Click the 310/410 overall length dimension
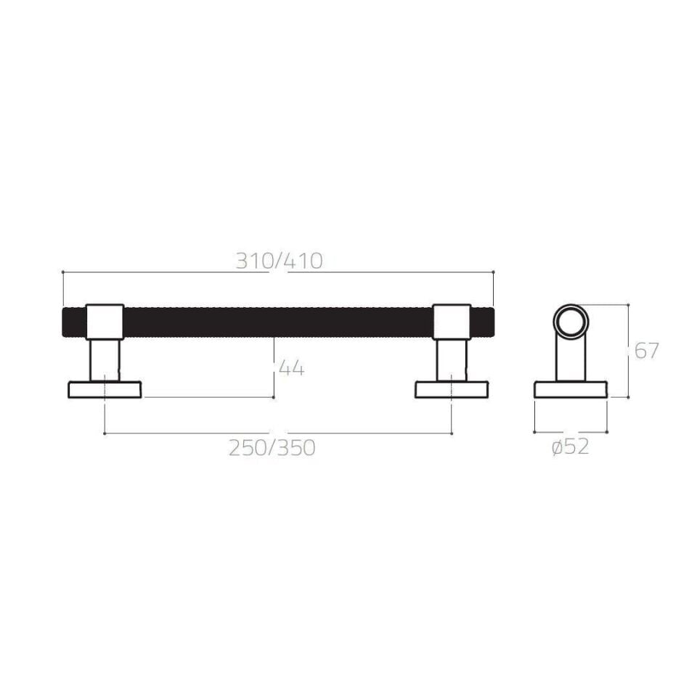tap(279, 261)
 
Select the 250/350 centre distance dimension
tap(272, 448)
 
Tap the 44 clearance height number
tap(291, 368)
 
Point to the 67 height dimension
tap(646, 351)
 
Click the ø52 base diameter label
tap(570, 448)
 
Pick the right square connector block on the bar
tap(452, 321)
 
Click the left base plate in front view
tap(105, 390)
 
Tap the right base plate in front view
tap(452, 390)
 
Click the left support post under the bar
tap(105, 360)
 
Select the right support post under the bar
tap(452, 360)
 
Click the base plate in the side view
tap(571, 389)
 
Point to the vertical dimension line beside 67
tap(628, 351)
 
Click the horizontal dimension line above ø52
tap(571, 431)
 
